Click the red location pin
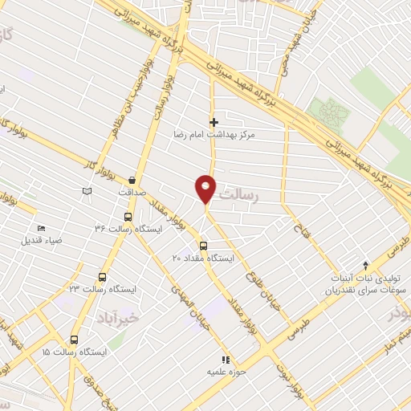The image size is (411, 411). pos(205,189)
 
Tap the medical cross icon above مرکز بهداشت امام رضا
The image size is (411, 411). pos(214,123)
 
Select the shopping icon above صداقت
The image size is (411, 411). pos(131,180)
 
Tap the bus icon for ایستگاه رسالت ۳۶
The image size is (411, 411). pos(128,217)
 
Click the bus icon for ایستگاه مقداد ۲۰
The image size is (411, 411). pos(202,246)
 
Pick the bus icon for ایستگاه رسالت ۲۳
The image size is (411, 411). pos(102,275)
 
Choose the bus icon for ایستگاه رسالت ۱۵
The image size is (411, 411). pos(74,340)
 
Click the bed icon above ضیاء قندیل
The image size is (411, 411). pos(41,230)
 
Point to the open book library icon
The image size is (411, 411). pos(87,191)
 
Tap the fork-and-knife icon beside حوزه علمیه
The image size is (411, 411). pos(226,360)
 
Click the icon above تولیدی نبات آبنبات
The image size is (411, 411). pos(366,264)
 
